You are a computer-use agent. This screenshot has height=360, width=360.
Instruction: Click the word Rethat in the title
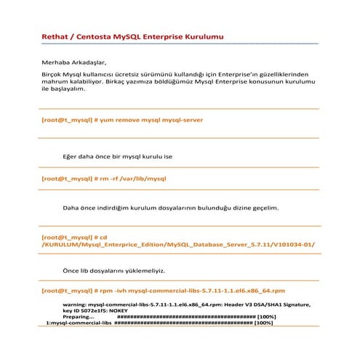pos(56,36)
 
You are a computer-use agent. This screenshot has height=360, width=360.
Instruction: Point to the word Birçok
pos(52,74)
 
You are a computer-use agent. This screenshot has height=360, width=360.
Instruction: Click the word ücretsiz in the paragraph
pos(134,74)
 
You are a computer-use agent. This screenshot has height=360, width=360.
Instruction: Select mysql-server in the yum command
pos(181,119)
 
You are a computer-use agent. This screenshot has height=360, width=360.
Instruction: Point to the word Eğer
pos(72,156)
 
